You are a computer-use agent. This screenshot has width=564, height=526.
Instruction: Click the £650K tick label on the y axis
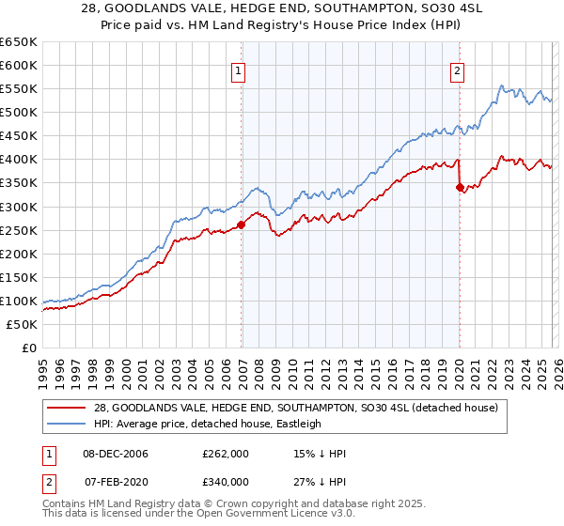pyautogui.click(x=19, y=42)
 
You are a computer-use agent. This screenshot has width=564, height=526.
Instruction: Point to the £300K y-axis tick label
pyautogui.click(x=19, y=207)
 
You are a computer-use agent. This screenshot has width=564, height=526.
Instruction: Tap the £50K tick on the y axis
pyautogui.click(x=23, y=324)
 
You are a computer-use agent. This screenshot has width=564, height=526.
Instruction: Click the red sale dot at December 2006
pyautogui.click(x=242, y=224)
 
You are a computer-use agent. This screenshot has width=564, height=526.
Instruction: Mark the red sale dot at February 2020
pyautogui.click(x=460, y=187)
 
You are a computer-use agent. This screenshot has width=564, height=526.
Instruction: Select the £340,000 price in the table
pyautogui.click(x=226, y=482)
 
